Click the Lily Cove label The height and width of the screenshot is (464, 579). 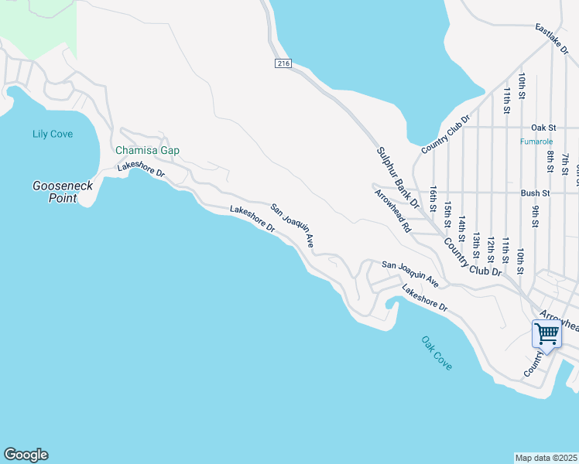coord(53,134)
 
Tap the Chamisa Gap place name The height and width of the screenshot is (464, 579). coord(147,151)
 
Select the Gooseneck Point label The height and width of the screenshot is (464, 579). coord(54,192)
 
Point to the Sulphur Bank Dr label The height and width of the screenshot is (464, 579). coord(398,178)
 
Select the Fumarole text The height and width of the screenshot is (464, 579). coord(536,142)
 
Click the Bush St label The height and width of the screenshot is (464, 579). coord(535,193)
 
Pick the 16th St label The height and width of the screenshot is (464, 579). coord(434,198)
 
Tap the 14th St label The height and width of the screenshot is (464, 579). coord(462,229)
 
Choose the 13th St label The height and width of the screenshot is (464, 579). coord(477,244)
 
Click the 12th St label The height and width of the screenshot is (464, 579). coord(491,252)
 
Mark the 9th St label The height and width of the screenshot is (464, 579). coord(535,212)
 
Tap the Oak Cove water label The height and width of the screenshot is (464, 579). coord(437,353)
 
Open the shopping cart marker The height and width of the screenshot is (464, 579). coord(546,335)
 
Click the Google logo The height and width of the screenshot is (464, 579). coord(26,455)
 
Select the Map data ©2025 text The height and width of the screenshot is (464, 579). coord(546,458)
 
